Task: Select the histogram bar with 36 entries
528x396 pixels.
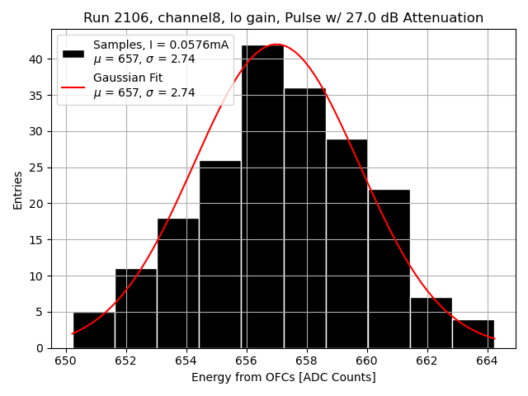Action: [304, 218]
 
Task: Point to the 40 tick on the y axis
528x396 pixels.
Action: [38, 59]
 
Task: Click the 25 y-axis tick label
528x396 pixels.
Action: [38, 167]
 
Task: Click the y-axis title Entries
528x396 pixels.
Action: [18, 189]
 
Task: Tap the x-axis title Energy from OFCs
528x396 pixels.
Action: [283, 377]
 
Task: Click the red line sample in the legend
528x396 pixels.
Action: [73, 86]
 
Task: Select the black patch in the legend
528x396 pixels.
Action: [73, 53]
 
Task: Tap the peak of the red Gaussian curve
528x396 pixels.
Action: [277, 45]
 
